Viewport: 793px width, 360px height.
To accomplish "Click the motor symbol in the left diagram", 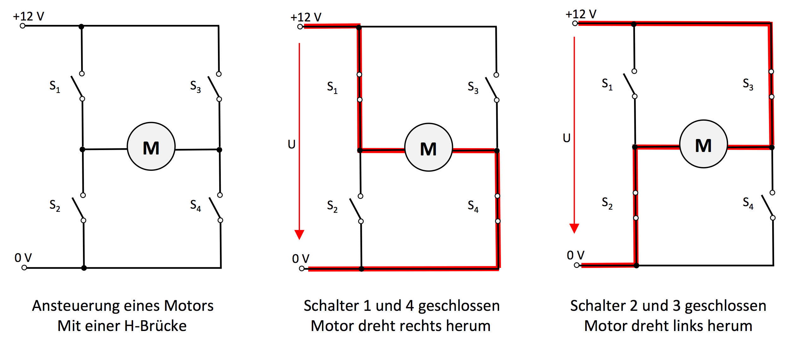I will (x=151, y=147).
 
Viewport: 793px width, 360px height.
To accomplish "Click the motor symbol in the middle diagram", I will (x=428, y=148).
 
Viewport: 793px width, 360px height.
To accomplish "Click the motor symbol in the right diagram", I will (x=703, y=144).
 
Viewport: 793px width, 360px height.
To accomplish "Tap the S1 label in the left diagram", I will (x=55, y=86).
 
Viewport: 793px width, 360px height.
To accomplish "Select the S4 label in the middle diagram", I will (x=473, y=206).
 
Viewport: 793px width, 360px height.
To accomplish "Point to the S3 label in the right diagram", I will (x=748, y=84).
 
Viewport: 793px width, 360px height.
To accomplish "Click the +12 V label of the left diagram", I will (x=28, y=16).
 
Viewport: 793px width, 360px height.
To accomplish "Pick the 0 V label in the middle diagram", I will (x=301, y=259).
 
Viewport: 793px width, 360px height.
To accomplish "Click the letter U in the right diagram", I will (x=567, y=138).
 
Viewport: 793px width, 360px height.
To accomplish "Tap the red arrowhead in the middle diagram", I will (x=299, y=235).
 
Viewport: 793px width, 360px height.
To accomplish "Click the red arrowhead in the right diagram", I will (x=574, y=228).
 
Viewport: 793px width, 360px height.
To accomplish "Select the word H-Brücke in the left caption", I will (x=155, y=326).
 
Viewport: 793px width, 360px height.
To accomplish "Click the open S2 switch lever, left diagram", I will (x=78, y=208).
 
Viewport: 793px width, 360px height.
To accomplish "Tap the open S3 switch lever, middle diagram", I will (x=491, y=88).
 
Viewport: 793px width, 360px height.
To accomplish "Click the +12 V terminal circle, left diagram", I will (x=22, y=26).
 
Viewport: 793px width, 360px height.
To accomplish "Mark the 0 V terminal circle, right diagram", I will (x=577, y=265).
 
